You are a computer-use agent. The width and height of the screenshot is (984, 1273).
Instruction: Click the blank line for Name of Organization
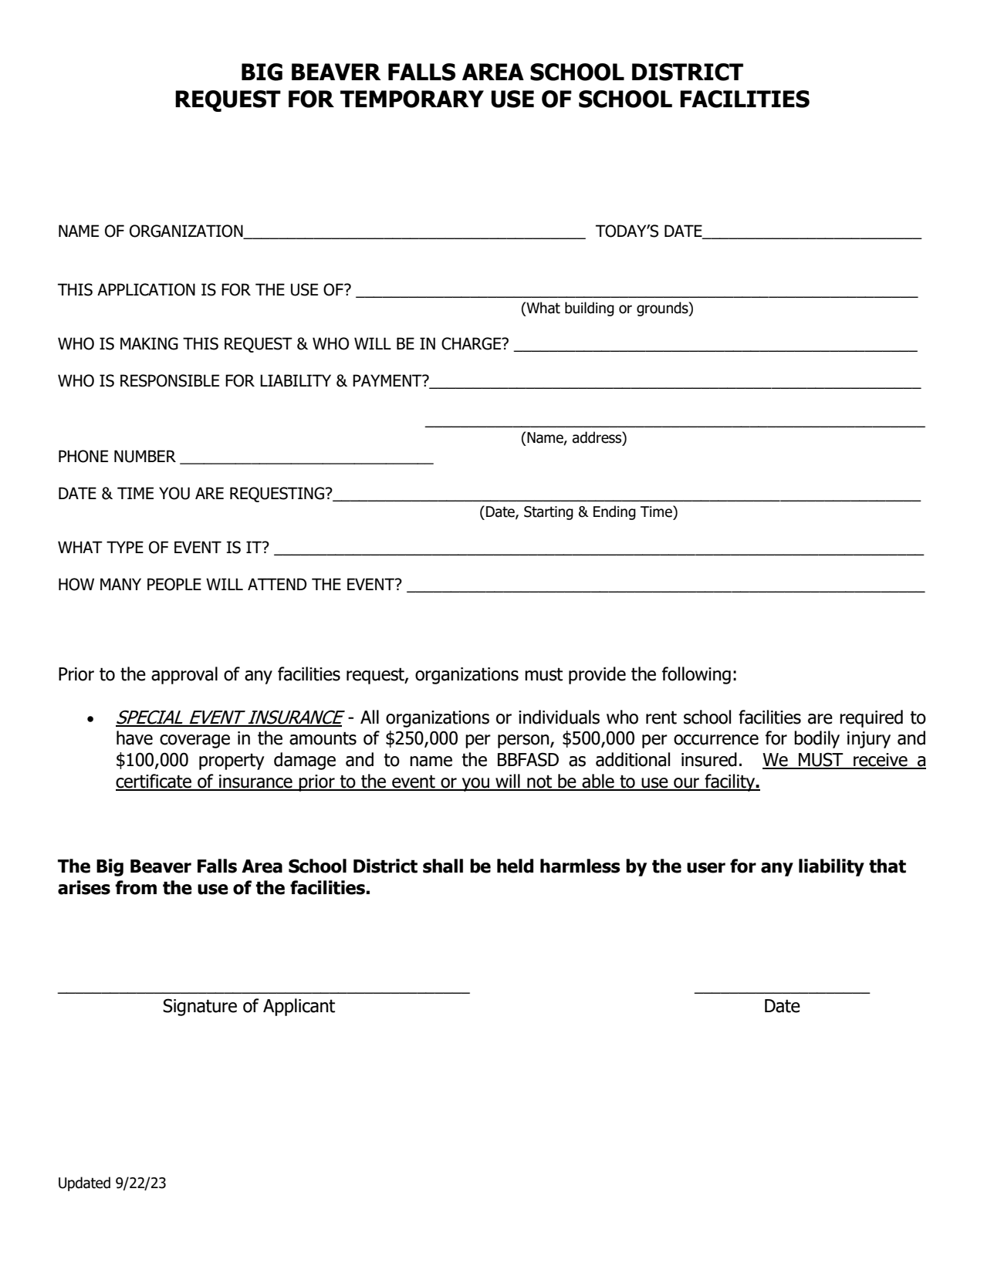click(x=414, y=232)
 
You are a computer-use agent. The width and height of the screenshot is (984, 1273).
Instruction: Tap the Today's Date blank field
click(x=811, y=232)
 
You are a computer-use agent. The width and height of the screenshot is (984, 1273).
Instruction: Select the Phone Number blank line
click(x=306, y=458)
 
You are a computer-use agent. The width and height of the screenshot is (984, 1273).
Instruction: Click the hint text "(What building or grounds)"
click(x=607, y=309)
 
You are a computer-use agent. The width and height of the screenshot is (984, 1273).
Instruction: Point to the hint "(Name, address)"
click(x=573, y=439)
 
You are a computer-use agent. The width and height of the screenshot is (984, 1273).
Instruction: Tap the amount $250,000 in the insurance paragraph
click(x=421, y=739)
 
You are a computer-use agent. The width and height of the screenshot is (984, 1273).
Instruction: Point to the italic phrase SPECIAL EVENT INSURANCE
click(x=228, y=718)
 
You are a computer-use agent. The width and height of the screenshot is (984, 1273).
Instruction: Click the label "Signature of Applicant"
click(x=249, y=1007)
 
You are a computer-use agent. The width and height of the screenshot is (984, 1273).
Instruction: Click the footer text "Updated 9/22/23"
click(x=112, y=1184)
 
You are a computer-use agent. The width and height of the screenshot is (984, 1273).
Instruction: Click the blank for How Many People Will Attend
click(x=665, y=586)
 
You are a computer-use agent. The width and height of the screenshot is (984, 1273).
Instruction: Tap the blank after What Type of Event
click(x=599, y=549)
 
